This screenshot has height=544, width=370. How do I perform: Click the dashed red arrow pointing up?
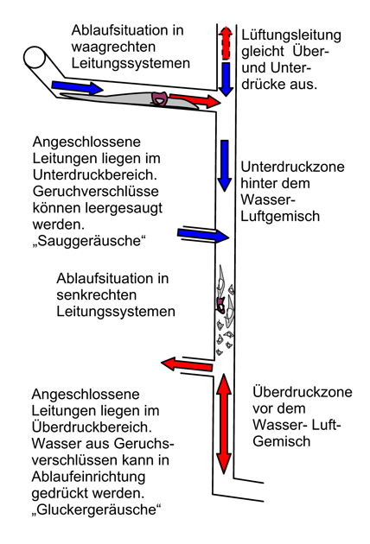coord(226,42)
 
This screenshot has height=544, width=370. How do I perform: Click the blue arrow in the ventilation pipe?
coord(226,79)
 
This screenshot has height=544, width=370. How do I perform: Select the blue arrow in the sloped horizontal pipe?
coord(77,87)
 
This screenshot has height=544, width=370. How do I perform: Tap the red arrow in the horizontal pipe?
coord(195,101)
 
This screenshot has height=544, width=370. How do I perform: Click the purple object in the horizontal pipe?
coord(159,98)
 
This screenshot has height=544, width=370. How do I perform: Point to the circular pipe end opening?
coord(35,57)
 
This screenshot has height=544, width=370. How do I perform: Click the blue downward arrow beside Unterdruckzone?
coord(225,166)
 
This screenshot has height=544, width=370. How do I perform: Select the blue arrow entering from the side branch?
coord(203,236)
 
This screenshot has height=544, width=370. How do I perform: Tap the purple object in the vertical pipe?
coord(221,304)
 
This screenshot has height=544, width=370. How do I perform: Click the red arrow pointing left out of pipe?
coord(187,364)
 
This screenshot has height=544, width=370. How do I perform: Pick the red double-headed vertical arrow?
coord(224,424)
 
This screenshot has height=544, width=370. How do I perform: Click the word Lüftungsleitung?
coord(291,35)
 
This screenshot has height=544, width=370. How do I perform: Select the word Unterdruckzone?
coord(292,167)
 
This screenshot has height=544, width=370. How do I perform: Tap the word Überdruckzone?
coord(303,392)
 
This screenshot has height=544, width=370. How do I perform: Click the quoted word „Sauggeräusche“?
coord(88,241)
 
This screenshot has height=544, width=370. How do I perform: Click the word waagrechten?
coord(113,47)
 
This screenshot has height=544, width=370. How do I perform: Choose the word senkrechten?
coord(96,295)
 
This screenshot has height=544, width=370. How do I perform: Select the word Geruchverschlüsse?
coord(96,192)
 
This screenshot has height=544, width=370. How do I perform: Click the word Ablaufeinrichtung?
coord(88,477)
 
